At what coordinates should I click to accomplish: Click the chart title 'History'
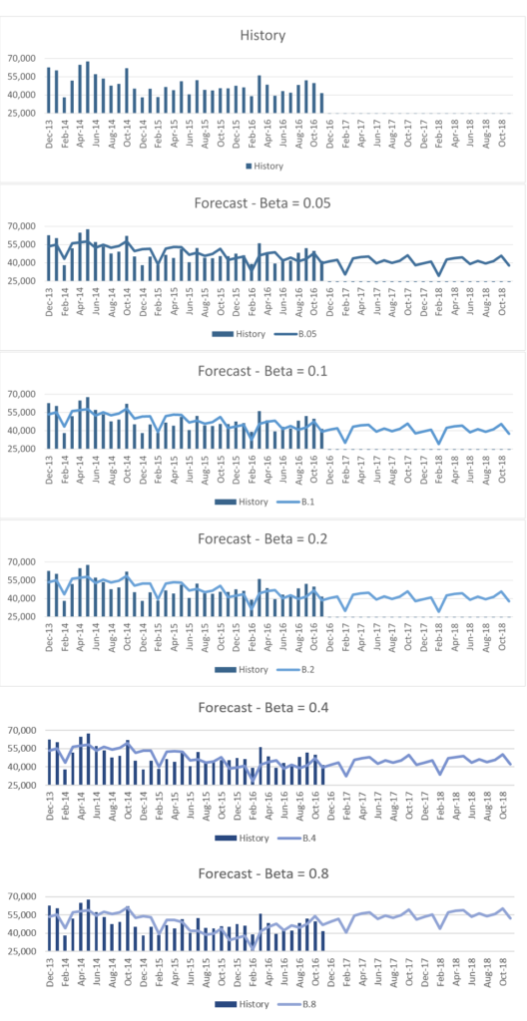[263, 36]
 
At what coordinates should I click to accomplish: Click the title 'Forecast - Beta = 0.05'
[263, 203]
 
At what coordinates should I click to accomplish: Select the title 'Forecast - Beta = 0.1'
[263, 371]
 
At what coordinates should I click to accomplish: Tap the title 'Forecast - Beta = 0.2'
[263, 538]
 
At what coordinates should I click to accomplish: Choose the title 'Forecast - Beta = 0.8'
[263, 874]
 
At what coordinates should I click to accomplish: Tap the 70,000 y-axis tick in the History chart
[21, 59]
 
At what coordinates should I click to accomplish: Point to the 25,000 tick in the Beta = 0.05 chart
[21, 281]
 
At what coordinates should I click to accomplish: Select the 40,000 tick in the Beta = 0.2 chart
[21, 598]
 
